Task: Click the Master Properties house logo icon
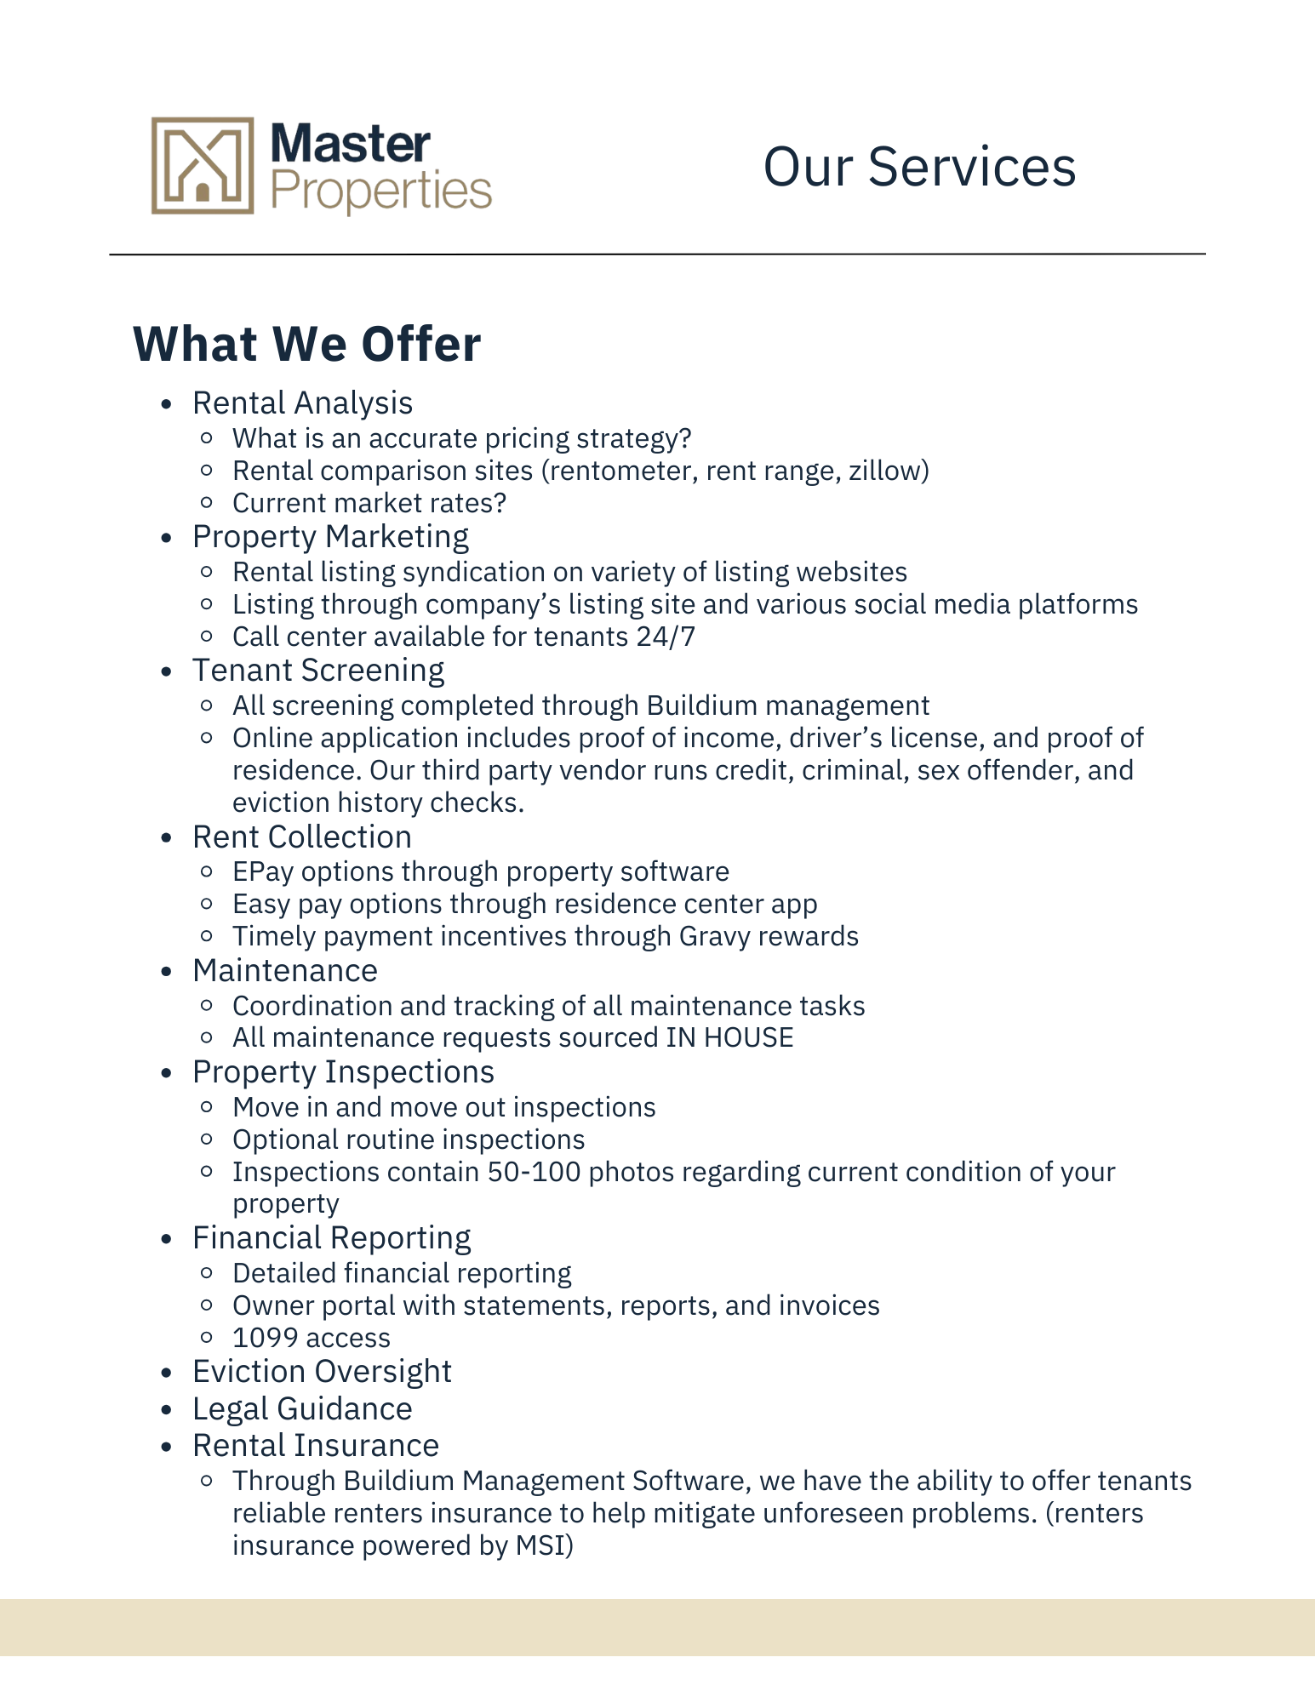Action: click(203, 165)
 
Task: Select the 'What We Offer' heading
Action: click(307, 344)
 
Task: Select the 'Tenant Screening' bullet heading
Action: click(318, 671)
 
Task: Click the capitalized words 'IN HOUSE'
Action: click(729, 1037)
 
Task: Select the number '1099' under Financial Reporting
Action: click(263, 1338)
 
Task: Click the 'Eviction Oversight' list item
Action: click(322, 1372)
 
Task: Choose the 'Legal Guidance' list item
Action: click(302, 1409)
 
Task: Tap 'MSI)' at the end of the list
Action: click(545, 1545)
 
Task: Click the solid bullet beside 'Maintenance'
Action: click(167, 972)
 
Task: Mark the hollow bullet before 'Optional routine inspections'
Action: click(206, 1139)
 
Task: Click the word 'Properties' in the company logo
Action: click(380, 191)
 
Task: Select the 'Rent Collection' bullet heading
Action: click(302, 837)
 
